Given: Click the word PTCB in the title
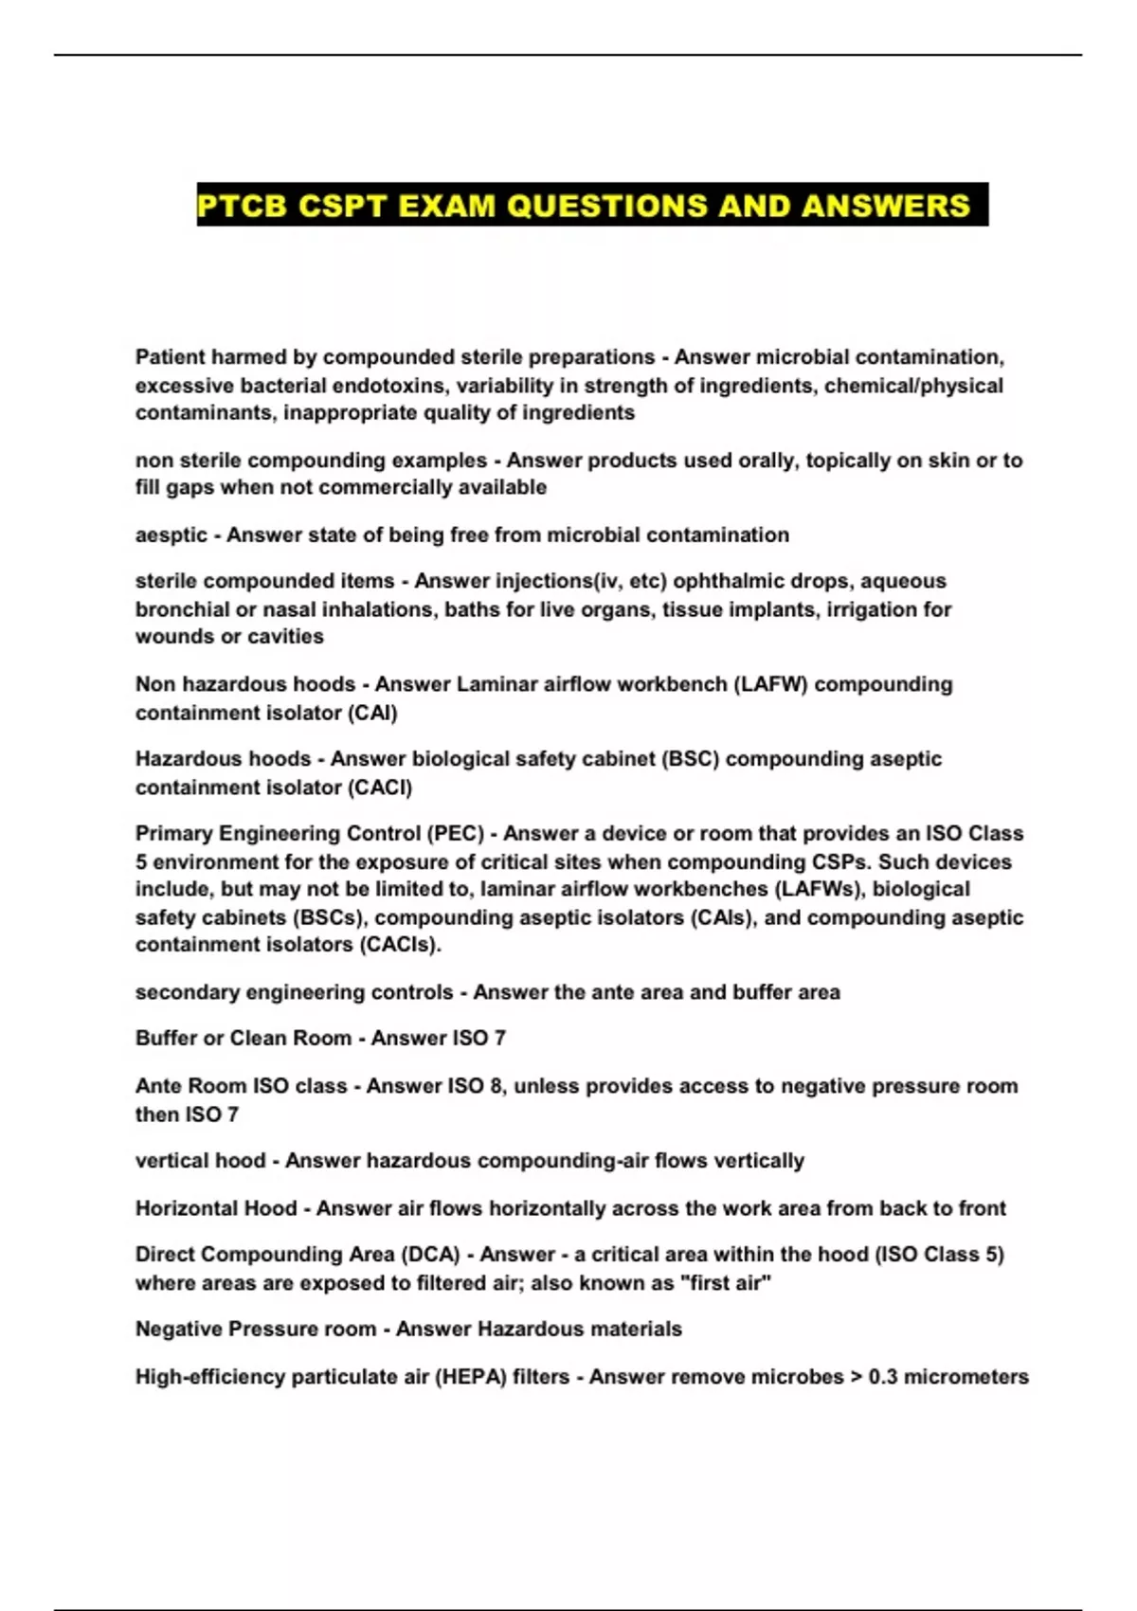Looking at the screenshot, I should coord(242,206).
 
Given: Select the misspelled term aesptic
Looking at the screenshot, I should coord(171,535).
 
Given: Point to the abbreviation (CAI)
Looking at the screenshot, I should coord(373,713).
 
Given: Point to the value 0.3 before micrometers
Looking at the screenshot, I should coord(883,1377).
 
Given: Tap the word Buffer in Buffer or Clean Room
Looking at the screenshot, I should coord(166,1039).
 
